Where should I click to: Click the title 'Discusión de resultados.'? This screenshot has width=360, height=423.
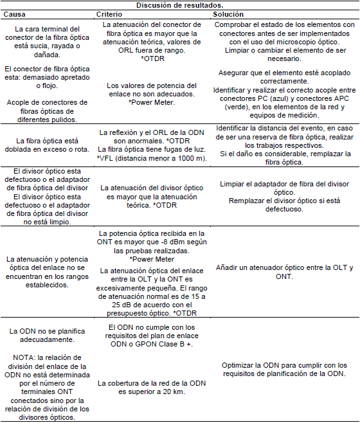[179, 5]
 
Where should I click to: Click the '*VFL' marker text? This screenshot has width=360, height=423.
[107, 158]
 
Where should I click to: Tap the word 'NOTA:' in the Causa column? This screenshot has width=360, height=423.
[26, 355]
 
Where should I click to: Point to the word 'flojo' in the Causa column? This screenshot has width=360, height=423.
[50, 84]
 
